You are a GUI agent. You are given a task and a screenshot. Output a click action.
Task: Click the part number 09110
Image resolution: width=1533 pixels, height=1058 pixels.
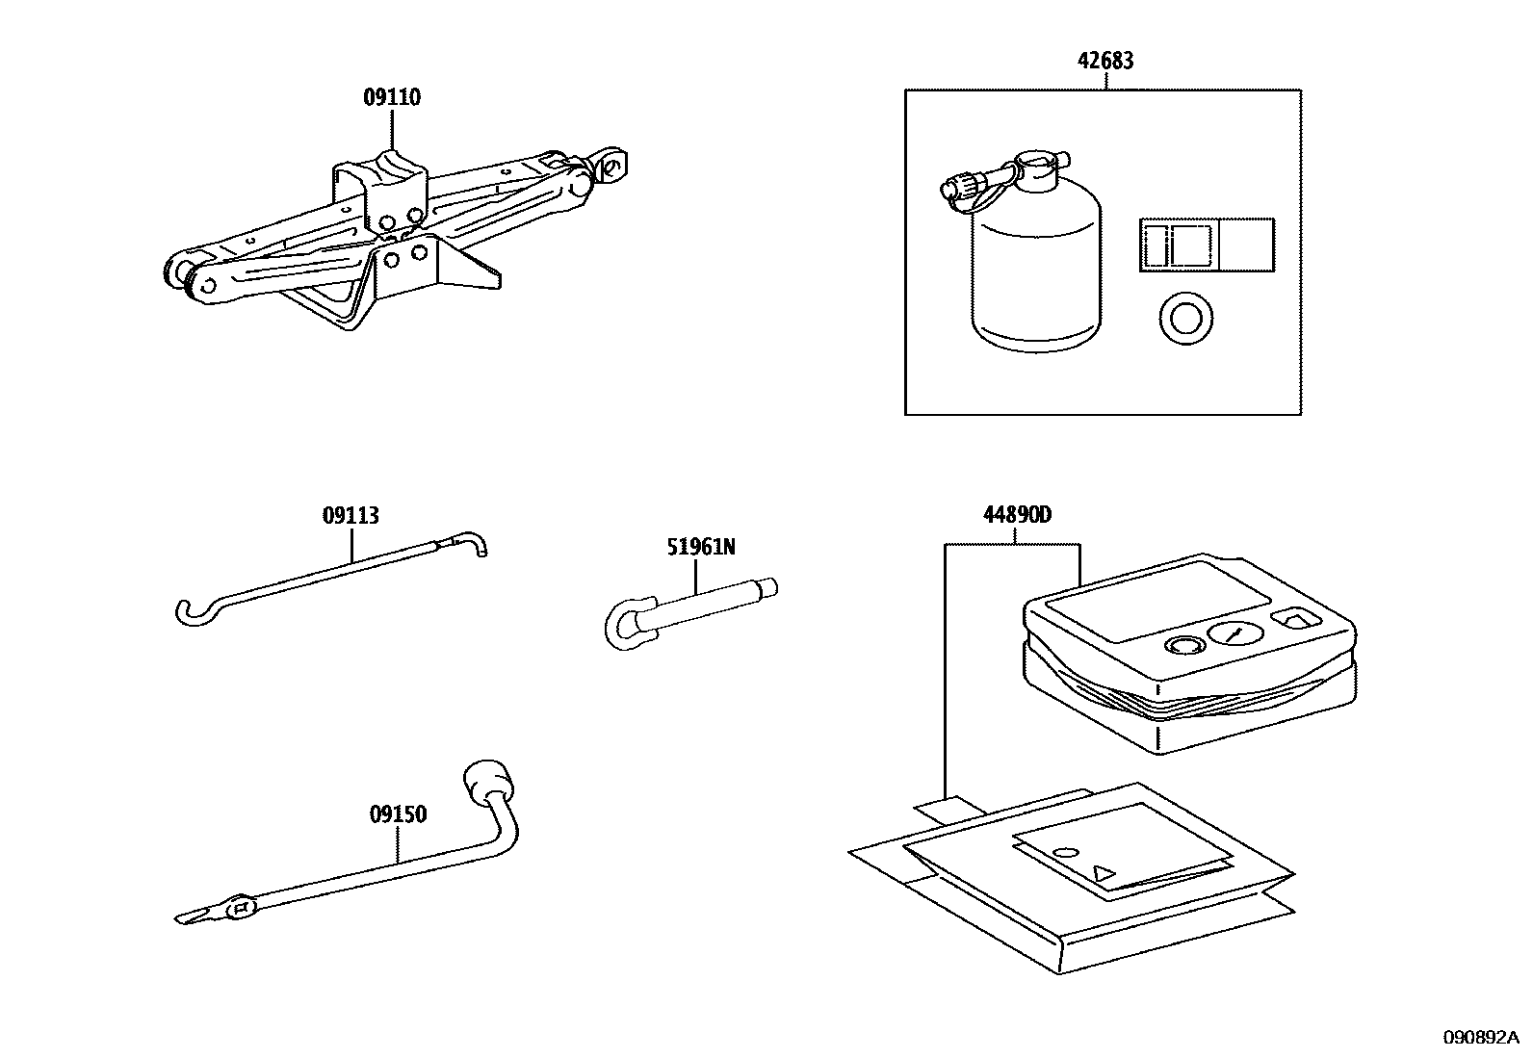tap(392, 97)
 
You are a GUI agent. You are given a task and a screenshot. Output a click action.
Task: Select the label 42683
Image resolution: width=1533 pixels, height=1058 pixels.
tap(1104, 61)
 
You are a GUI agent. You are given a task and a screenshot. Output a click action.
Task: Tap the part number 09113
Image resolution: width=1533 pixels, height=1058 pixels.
tap(351, 516)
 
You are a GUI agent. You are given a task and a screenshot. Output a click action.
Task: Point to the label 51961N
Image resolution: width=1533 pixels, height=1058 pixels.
tap(700, 547)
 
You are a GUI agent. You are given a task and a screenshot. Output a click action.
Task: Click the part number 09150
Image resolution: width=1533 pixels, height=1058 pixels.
tap(398, 814)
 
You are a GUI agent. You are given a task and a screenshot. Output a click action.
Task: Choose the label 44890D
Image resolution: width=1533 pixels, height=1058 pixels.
tap(1017, 515)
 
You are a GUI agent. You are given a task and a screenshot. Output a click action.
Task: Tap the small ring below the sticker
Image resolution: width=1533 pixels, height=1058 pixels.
tap(1184, 318)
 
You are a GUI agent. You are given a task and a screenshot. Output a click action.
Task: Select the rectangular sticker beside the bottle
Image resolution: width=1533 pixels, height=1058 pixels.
tap(1206, 244)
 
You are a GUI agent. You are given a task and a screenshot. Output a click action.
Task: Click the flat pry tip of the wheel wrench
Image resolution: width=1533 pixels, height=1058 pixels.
tap(193, 915)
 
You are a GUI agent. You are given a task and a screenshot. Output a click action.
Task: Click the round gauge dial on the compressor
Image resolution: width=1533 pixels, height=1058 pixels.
tap(1234, 632)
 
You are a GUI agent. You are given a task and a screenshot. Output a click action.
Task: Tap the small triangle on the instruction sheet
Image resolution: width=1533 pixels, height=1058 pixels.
tap(1104, 873)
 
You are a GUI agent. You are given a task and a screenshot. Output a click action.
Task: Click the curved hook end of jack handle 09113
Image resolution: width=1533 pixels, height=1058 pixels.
tap(190, 612)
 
